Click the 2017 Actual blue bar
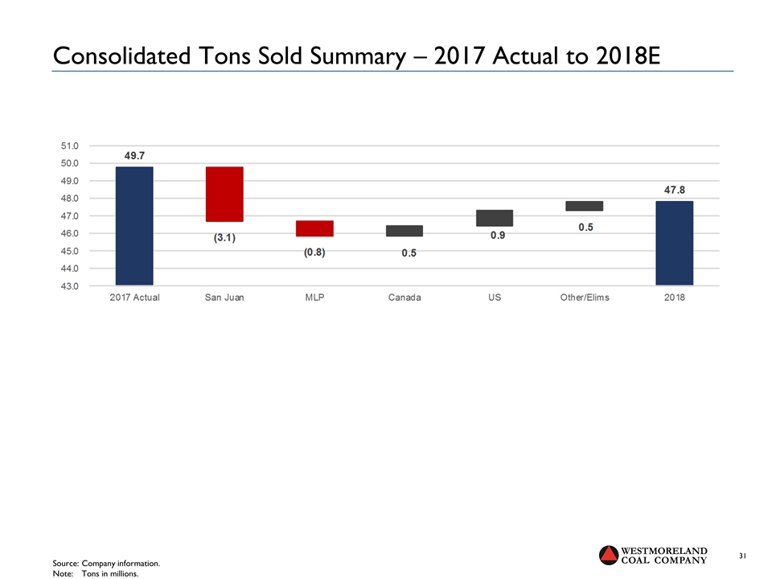(134, 225)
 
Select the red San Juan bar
(224, 194)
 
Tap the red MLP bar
(314, 228)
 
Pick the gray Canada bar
(404, 231)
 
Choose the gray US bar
(495, 218)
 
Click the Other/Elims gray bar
(585, 206)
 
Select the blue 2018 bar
(674, 243)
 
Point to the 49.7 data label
(134, 155)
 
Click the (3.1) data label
(224, 238)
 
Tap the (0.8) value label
(314, 253)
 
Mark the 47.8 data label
(674, 190)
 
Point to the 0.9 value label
(498, 236)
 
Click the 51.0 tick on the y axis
(70, 146)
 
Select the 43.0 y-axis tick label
(70, 285)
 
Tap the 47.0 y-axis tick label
(70, 216)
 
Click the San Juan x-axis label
(224, 298)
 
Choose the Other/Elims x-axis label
(585, 298)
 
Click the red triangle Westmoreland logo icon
(610, 555)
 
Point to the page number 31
(743, 556)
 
